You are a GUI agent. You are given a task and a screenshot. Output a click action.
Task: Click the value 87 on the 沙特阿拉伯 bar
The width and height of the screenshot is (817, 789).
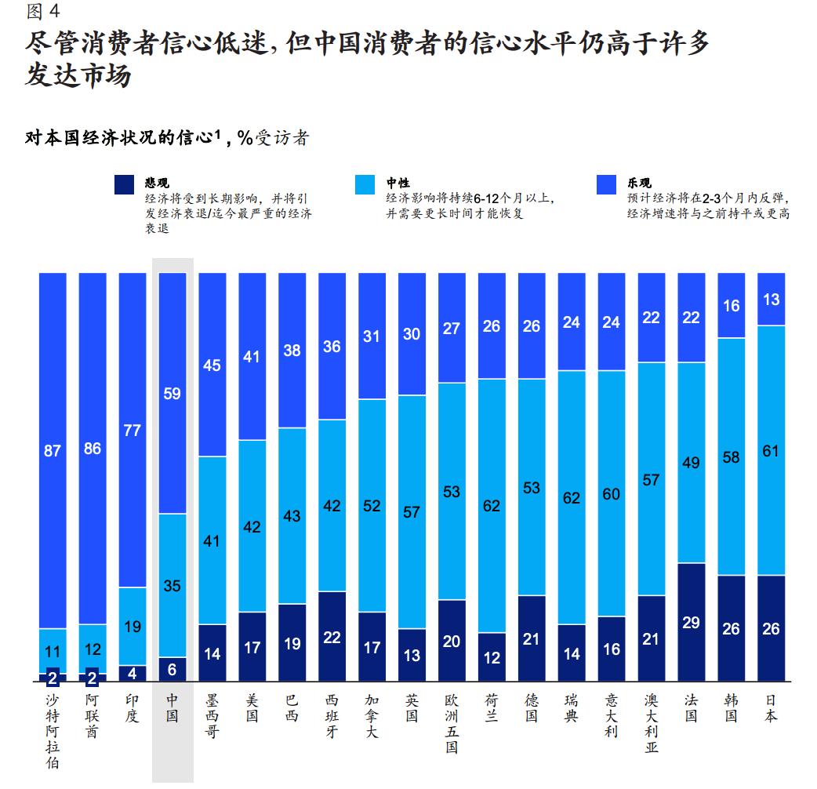pos(53,450)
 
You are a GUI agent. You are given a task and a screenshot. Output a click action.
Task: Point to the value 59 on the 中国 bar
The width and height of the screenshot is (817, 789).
pos(172,393)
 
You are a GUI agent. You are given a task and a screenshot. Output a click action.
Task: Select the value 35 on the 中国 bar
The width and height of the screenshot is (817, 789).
pos(172,584)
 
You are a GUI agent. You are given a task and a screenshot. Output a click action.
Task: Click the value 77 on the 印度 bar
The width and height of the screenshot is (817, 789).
pos(133,430)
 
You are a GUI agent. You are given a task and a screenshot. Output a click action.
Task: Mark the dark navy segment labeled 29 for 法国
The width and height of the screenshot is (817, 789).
pos(691,621)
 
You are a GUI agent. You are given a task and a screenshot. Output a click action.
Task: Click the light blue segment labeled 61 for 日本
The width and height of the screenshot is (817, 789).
pos(771,450)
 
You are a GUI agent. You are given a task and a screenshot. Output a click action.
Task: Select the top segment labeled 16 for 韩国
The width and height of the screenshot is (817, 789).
pos(731,305)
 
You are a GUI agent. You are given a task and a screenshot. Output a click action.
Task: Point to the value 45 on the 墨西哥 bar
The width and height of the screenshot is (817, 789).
pos(212,365)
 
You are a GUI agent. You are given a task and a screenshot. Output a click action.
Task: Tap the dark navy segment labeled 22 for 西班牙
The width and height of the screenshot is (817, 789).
pos(332,636)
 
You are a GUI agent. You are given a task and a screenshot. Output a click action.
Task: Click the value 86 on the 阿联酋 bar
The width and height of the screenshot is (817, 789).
pos(93,449)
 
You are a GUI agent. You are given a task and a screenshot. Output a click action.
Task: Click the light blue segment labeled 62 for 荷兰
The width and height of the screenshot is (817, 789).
pos(492,506)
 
